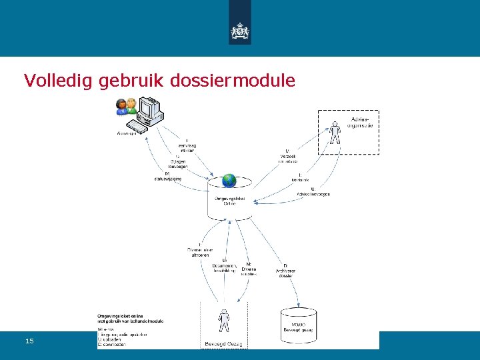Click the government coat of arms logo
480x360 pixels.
click(239, 31)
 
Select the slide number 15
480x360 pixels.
click(29, 341)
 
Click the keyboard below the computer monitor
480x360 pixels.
click(138, 125)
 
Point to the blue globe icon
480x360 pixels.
click(229, 180)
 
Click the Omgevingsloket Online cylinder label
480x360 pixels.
click(229, 201)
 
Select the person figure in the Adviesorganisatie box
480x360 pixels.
click(335, 132)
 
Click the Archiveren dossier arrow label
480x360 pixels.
click(285, 270)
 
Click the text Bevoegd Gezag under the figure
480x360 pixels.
click(224, 344)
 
